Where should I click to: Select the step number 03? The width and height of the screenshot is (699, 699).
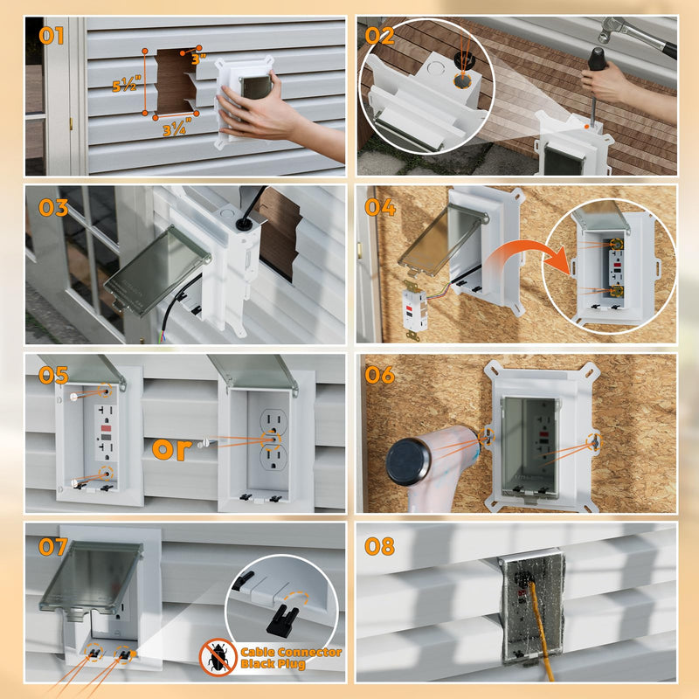pos(53,207)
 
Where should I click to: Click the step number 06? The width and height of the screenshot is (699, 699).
pos(380,376)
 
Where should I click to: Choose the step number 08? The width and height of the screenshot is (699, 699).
pos(380,546)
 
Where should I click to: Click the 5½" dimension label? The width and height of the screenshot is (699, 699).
pos(126,87)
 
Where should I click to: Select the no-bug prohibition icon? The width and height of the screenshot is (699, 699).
pos(218,657)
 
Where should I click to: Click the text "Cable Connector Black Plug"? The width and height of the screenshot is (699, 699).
pos(291,658)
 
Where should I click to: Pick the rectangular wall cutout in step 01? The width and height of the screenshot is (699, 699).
pos(176,81)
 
